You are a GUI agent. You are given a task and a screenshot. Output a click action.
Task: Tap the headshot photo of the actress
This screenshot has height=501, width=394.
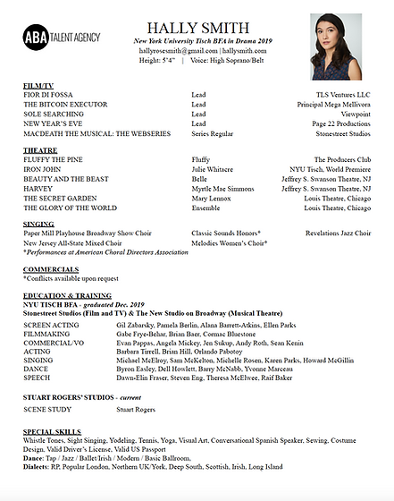(335, 47)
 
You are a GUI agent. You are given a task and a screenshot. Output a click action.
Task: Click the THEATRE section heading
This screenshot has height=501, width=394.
(40, 151)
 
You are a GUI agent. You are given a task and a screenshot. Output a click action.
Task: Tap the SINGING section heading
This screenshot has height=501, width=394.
(39, 225)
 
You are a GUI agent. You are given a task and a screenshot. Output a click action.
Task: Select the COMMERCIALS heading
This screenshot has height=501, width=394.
(51, 268)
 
